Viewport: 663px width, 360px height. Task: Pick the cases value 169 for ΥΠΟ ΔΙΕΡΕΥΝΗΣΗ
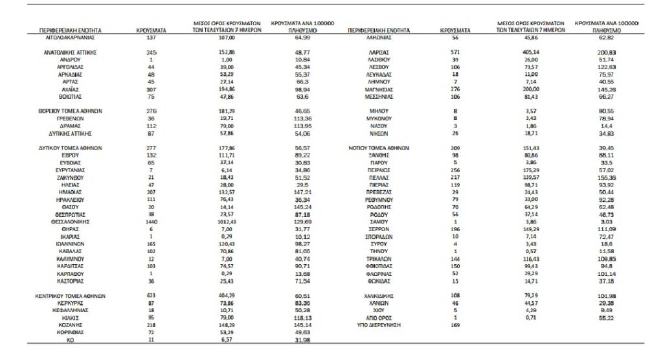coord(456,324)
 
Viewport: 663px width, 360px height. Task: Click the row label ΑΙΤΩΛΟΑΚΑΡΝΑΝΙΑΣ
coord(68,38)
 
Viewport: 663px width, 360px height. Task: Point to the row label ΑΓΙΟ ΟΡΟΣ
coord(379,317)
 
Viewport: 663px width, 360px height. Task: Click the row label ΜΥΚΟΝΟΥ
coord(379,118)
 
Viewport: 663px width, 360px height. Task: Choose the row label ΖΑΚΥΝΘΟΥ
coord(68,177)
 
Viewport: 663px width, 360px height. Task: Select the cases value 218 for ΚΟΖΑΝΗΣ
coord(152,324)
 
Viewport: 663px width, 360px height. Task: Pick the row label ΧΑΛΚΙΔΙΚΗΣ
coord(379,296)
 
